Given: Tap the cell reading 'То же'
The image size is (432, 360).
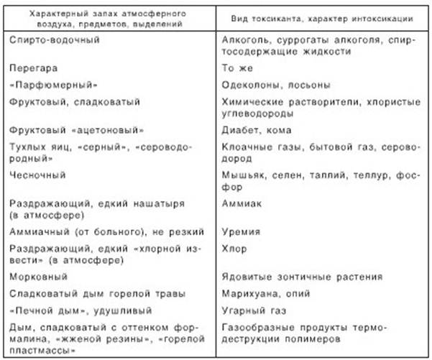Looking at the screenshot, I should tap(237, 68).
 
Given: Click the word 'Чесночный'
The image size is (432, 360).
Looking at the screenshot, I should tap(36, 175).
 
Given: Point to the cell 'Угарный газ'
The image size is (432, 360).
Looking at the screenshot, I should tap(252, 310).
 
